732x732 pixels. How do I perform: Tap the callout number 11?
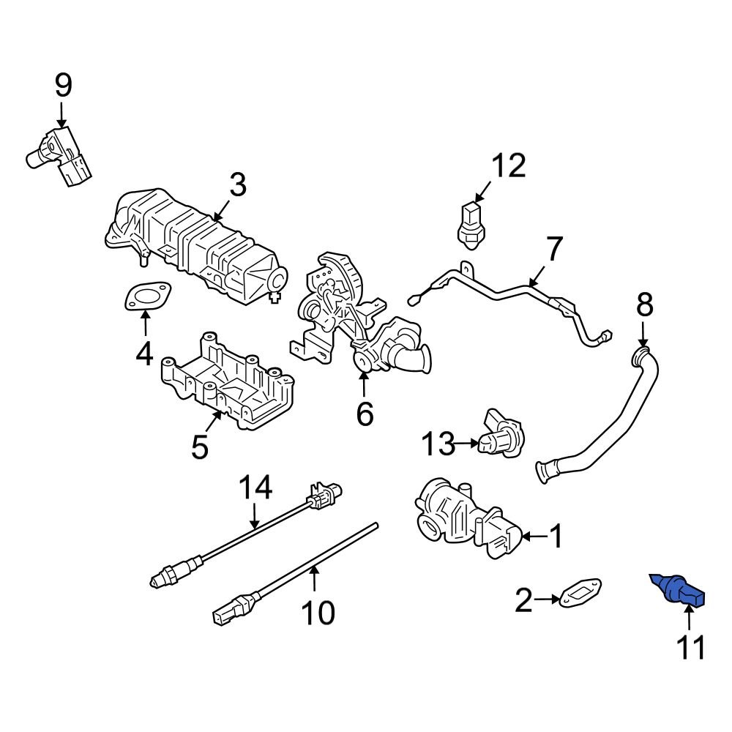(691, 647)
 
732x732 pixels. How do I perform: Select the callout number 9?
(63, 86)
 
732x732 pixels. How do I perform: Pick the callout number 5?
(200, 447)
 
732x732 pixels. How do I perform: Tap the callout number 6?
(365, 414)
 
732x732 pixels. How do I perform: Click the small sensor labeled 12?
(468, 222)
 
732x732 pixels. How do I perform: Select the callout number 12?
(508, 167)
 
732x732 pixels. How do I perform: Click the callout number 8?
(643, 306)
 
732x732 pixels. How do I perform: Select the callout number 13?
(438, 443)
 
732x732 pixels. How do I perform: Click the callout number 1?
(556, 537)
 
